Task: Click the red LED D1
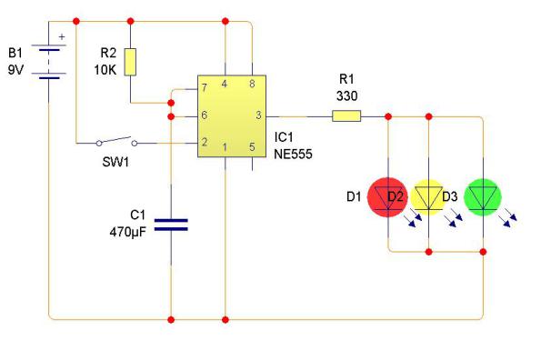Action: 387,197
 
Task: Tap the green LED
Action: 482,197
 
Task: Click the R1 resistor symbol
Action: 346,115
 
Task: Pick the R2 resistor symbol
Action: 133,62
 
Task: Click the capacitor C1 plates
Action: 170,224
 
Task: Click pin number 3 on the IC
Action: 258,115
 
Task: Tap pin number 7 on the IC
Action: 206,87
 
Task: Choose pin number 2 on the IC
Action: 206,143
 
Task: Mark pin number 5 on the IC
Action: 252,146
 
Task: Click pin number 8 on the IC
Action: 252,84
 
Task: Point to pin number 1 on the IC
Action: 225,146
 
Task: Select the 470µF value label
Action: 126,230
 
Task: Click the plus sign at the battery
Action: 62,38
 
